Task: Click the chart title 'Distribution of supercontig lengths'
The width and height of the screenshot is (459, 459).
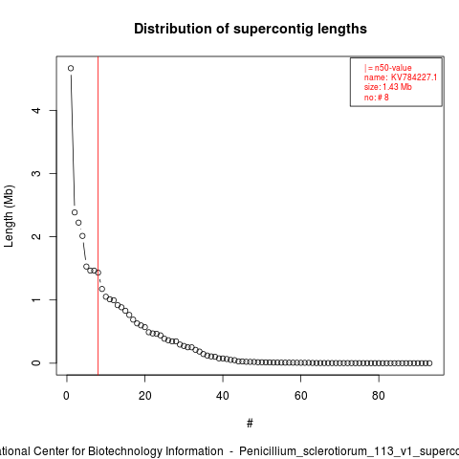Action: coord(251,29)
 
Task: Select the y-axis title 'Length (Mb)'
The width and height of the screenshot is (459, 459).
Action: coord(10,216)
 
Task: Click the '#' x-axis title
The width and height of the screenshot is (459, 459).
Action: coord(250,424)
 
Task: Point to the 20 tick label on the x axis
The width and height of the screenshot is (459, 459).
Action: coord(144,396)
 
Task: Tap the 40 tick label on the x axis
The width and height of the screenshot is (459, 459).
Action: coord(223,396)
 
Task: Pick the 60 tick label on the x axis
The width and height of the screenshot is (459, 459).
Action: coord(300,396)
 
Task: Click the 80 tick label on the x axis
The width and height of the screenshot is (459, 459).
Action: coord(379,396)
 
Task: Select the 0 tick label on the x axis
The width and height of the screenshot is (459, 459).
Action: coord(66,396)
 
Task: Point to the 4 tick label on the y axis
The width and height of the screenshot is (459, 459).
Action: coord(36,110)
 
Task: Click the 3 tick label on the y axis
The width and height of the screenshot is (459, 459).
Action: coord(36,173)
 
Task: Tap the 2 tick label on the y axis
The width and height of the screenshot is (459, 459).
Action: coord(36,236)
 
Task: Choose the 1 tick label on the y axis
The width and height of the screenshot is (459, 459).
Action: coord(36,299)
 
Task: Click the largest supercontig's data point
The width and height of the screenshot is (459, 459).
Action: coord(71,68)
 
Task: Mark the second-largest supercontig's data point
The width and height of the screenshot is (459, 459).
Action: coord(75,212)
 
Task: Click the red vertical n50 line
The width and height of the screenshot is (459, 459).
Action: coord(98,216)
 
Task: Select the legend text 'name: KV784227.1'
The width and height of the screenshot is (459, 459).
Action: coord(401,77)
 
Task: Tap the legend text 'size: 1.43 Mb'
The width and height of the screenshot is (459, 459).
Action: coord(388,87)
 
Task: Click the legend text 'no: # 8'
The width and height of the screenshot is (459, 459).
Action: coord(377,97)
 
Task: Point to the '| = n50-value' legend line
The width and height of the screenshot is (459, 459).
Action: coord(388,68)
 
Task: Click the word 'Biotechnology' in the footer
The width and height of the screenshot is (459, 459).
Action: coord(155,451)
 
